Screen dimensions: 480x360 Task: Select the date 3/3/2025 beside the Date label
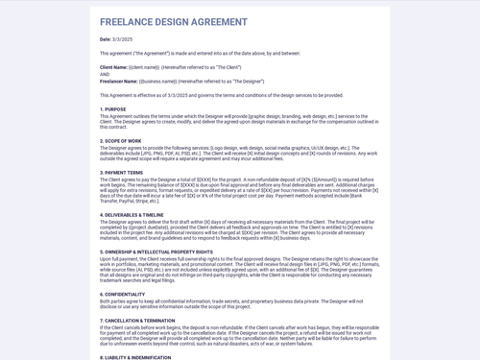pos(122,39)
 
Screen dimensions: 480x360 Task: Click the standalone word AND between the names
pos(105,74)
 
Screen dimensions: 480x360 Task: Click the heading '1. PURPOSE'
pos(113,109)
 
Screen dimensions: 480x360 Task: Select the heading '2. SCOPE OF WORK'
pos(122,141)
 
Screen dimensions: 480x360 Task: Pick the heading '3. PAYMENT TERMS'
pos(122,173)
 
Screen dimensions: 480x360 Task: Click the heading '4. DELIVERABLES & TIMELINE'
pos(138,215)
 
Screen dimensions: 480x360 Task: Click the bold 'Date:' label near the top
pos(106,39)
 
